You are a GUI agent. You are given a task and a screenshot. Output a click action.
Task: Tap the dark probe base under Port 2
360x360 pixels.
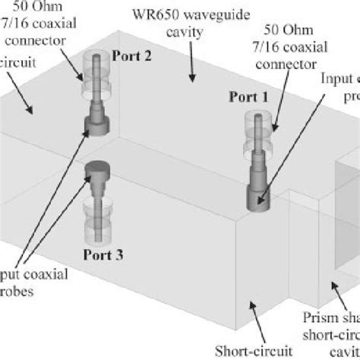coord(99,122)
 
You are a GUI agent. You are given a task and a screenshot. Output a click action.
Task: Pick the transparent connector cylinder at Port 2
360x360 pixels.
coord(99,72)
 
